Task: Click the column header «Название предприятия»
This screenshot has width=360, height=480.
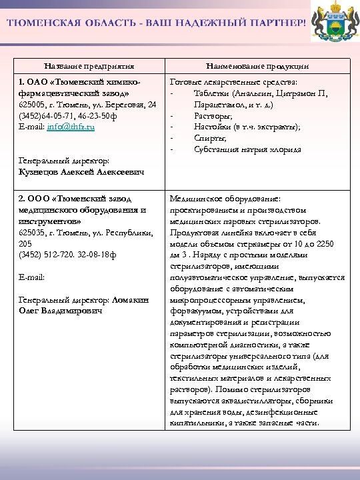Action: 89,67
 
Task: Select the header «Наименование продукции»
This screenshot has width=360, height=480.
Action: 257,67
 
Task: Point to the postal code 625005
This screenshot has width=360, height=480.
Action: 31,105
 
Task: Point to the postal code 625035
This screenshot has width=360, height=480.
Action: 31,232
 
